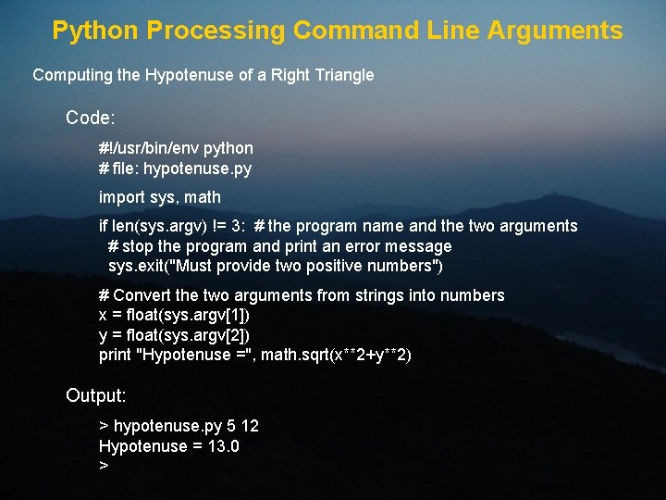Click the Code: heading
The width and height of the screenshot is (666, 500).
[91, 119]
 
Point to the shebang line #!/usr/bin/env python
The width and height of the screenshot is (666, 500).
[176, 148]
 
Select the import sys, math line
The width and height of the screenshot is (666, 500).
[160, 196]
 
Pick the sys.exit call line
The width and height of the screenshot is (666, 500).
[276, 267]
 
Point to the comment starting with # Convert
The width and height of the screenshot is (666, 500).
[302, 295]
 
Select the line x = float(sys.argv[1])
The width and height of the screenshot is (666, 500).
[174, 315]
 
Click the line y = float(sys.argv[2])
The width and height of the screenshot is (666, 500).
[174, 334]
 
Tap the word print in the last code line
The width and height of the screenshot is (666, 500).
[115, 355]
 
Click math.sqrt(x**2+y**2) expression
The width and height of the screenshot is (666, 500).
[337, 355]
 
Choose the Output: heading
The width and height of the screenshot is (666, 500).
[96, 395]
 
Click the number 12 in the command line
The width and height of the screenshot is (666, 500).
[249, 426]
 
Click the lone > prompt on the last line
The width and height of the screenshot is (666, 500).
[104, 466]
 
